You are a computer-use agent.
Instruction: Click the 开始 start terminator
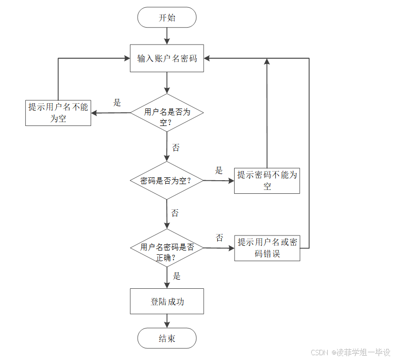coord(167,18)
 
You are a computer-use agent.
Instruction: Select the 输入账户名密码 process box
coord(167,59)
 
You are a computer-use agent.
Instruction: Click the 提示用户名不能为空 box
coord(58,112)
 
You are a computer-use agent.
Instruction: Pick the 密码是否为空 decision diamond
coord(167,181)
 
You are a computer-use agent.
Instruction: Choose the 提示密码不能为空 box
coord(267,181)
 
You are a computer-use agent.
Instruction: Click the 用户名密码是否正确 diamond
coord(167,248)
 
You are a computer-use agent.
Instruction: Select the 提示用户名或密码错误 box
coord(267,248)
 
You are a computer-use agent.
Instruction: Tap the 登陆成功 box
coord(167,301)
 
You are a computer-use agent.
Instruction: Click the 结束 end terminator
coord(167,338)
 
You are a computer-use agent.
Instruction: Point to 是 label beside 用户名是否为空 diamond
coord(117,103)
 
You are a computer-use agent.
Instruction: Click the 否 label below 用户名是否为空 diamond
coord(175,147)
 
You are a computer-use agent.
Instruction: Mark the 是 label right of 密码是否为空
coord(219,171)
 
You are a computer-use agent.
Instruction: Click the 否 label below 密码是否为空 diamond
coord(175,213)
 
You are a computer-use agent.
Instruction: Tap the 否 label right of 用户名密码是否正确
coord(220,237)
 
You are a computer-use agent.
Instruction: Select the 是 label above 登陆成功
coord(177,276)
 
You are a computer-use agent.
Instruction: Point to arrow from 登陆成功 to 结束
coord(167,320)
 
